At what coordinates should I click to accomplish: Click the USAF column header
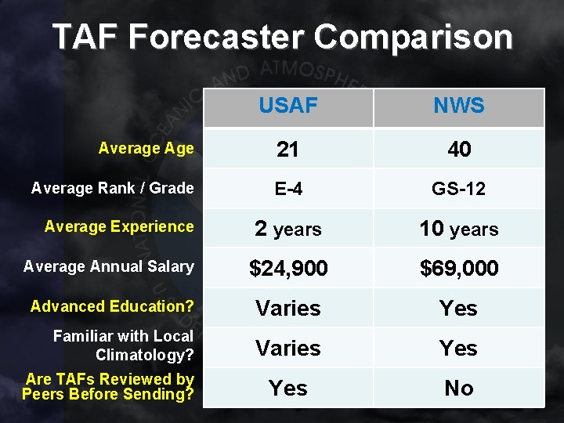[x=287, y=106]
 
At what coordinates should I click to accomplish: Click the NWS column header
[x=458, y=106]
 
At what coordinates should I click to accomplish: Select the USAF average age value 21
[x=287, y=149]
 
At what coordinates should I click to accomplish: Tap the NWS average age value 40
[x=458, y=149]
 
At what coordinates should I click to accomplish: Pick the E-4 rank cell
[x=287, y=189]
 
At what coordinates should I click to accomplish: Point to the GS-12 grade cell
[x=458, y=189]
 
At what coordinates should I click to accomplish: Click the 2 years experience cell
[x=287, y=229]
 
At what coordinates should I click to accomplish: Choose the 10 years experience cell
[x=458, y=229]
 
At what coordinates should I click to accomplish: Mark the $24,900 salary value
[x=287, y=269]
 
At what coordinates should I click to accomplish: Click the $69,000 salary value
[x=458, y=269]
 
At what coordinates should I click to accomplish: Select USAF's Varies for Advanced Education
[x=287, y=309]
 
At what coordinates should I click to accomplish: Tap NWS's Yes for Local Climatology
[x=458, y=348]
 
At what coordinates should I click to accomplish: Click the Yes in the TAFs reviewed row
[x=287, y=388]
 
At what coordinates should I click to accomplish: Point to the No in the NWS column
[x=458, y=388]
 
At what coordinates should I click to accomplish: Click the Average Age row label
[x=146, y=148]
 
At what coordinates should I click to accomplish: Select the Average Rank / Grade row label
[x=112, y=187]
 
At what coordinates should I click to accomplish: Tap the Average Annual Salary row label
[x=108, y=266]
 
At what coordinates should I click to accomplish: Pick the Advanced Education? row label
[x=112, y=306]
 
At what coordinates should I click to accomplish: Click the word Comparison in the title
[x=414, y=37]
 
